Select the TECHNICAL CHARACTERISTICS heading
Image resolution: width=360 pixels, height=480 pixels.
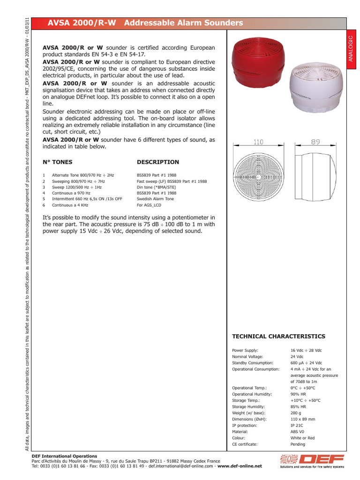tap(278, 337)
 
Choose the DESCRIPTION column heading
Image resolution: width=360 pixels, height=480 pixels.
tap(157, 162)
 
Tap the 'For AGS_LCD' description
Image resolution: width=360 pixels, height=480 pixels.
tap(149, 205)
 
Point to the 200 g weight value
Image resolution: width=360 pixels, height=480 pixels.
tap(296, 413)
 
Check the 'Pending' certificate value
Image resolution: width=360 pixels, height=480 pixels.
tap(298, 444)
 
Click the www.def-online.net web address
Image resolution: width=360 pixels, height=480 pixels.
tap(240, 466)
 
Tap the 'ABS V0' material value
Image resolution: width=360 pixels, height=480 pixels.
tap(298, 432)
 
